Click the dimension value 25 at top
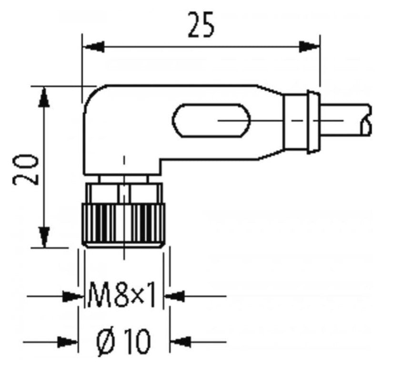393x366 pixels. pyautogui.click(x=201, y=26)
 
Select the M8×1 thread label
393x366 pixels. pyautogui.click(x=122, y=296)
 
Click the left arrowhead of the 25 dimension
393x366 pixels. pyautogui.click(x=93, y=47)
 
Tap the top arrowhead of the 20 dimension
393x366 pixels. pyautogui.click(x=44, y=97)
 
